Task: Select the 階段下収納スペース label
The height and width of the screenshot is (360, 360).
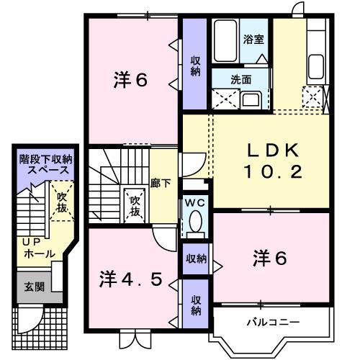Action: click(45, 165)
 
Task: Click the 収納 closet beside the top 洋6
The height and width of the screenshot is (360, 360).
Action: click(194, 65)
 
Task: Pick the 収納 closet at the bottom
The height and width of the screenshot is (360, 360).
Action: click(196, 305)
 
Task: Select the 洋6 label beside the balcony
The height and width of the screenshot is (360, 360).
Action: click(270, 256)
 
